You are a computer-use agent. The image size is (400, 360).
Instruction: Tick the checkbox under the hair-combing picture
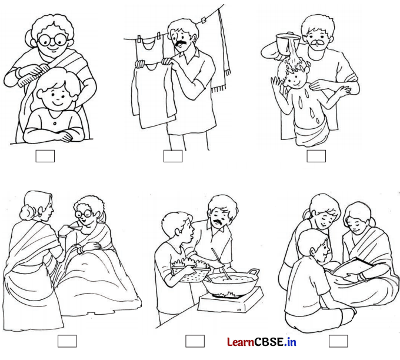[x=45, y=156]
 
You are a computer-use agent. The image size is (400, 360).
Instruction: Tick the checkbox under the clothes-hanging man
[x=173, y=156]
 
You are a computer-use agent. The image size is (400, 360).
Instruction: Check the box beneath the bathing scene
[x=316, y=156]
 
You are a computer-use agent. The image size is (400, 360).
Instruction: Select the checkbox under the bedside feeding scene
[x=67, y=341]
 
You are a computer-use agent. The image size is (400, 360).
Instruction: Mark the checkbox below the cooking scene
[x=195, y=341]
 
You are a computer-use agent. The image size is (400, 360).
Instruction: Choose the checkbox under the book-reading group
[x=338, y=341]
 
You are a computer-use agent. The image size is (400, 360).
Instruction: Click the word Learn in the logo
[x=241, y=342]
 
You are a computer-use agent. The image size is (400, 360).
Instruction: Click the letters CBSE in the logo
[x=268, y=342]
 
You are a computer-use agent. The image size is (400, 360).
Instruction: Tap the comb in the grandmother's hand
[x=32, y=76]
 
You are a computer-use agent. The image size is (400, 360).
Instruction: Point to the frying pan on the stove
[x=231, y=281]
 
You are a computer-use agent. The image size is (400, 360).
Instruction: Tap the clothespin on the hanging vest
[x=159, y=35]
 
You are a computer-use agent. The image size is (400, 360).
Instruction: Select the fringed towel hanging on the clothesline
[x=221, y=51]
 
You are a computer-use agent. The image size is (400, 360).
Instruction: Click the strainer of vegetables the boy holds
[x=190, y=271]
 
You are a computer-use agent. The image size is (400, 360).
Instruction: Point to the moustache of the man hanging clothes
[x=181, y=42]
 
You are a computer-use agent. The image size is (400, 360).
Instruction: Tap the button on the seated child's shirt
[x=55, y=124]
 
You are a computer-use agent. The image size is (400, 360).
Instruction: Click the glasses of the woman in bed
[x=84, y=214]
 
